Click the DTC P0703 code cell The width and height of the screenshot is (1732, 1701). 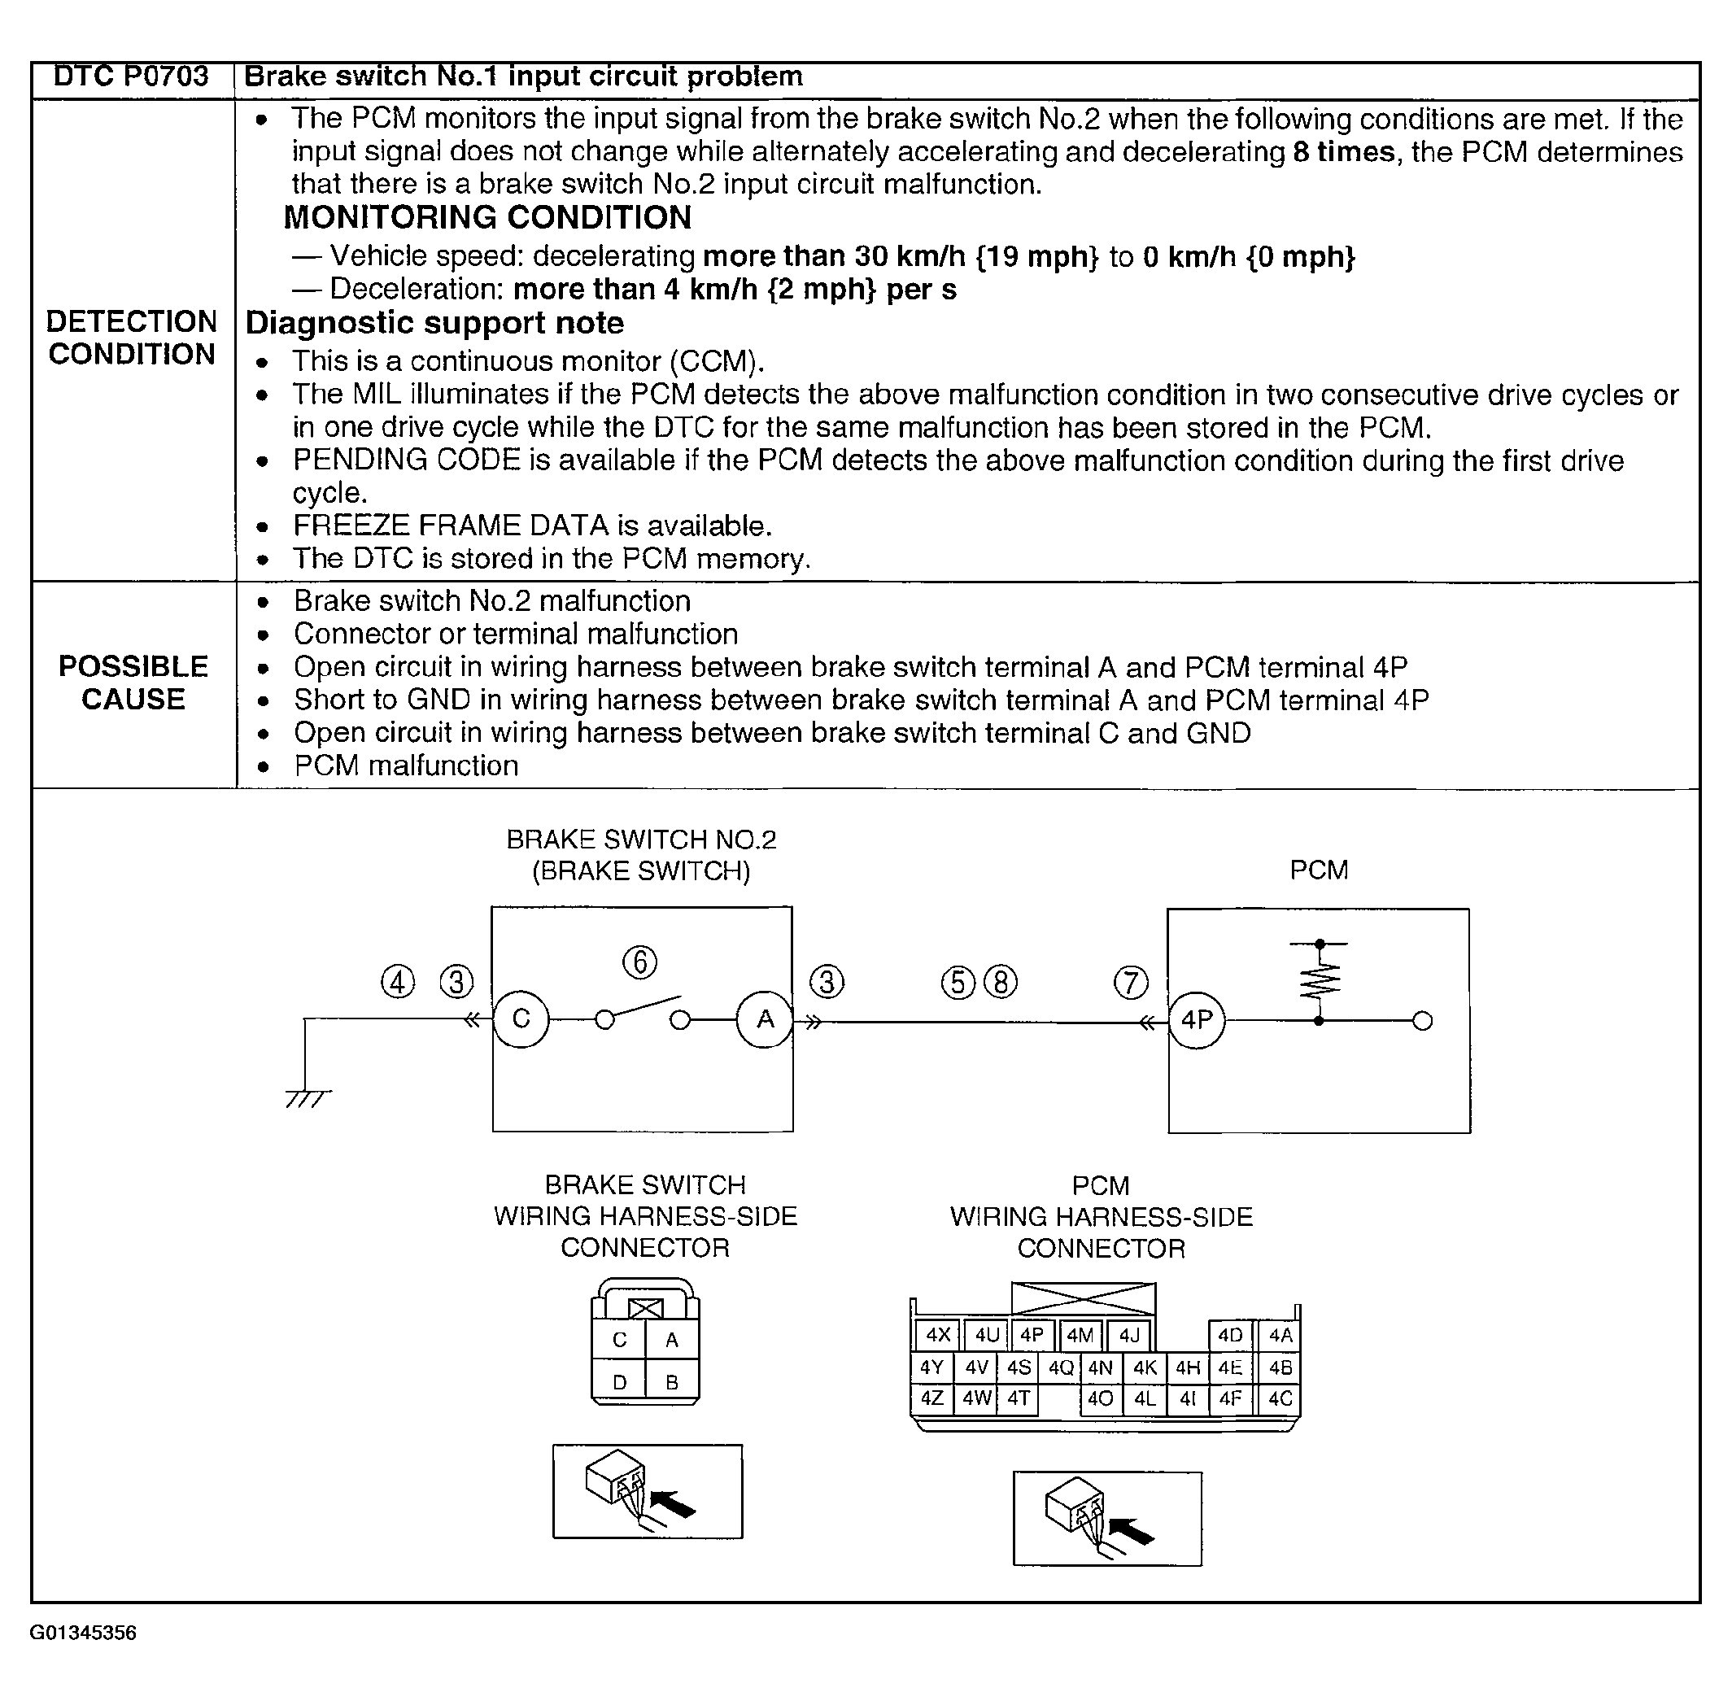[x=131, y=76]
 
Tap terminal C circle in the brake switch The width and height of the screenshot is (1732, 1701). [x=521, y=1019]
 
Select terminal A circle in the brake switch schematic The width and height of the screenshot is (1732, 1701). [x=765, y=1019]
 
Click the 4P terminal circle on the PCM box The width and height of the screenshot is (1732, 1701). [x=1197, y=1020]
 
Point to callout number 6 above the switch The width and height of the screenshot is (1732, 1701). [x=639, y=962]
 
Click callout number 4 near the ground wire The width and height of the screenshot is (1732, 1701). [x=399, y=982]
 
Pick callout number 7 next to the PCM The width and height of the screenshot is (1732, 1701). [x=1131, y=983]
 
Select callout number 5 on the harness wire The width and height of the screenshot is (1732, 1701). [x=958, y=983]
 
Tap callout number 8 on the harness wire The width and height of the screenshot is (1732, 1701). [x=1001, y=983]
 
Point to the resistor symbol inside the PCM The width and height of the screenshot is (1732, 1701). [x=1320, y=980]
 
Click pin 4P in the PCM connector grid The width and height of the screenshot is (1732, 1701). [x=1032, y=1336]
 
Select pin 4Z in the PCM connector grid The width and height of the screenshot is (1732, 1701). [x=931, y=1398]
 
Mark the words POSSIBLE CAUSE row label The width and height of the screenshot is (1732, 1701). [x=133, y=683]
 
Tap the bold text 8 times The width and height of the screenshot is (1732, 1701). [x=1342, y=152]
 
